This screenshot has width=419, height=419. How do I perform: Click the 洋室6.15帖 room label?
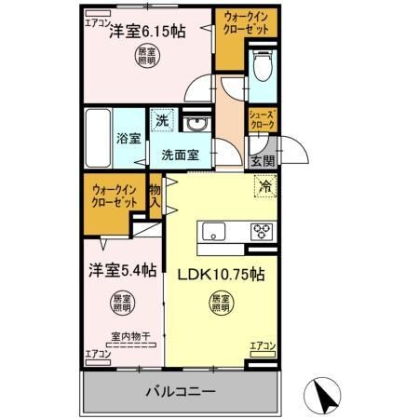click(x=146, y=31)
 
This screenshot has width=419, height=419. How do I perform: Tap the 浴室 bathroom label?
click(x=128, y=140)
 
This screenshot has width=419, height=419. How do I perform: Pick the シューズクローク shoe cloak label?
click(x=260, y=119)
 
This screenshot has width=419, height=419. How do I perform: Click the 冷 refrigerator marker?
click(x=264, y=184)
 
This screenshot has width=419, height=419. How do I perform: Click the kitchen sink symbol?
click(x=209, y=232)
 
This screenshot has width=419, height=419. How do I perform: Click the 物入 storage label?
click(x=155, y=196)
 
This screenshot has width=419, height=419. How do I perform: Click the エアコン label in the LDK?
click(x=264, y=347)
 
